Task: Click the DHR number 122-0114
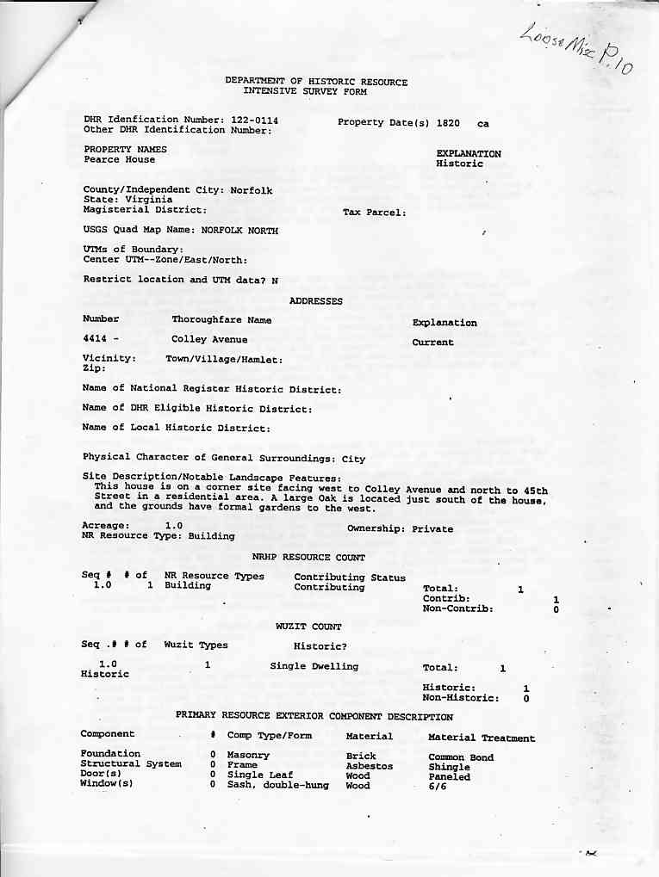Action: pos(254,120)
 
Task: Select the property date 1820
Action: pos(448,123)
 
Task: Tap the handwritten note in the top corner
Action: pos(576,50)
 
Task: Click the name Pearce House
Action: pos(120,159)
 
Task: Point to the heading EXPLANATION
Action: pos(469,154)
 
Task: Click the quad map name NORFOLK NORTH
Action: pos(239,231)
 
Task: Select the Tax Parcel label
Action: pos(374,213)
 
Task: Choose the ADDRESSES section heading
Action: pos(315,301)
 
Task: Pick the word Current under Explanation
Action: pos(432,343)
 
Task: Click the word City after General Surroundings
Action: pos(353,460)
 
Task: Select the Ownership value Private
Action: pos(432,529)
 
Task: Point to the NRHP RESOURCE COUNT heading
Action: pos(308,558)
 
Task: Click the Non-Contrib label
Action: pos(457,608)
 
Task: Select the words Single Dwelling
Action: pos(314,666)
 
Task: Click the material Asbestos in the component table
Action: pos(369,766)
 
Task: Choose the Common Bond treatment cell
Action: pos(461,757)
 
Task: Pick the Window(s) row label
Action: pos(106,783)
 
